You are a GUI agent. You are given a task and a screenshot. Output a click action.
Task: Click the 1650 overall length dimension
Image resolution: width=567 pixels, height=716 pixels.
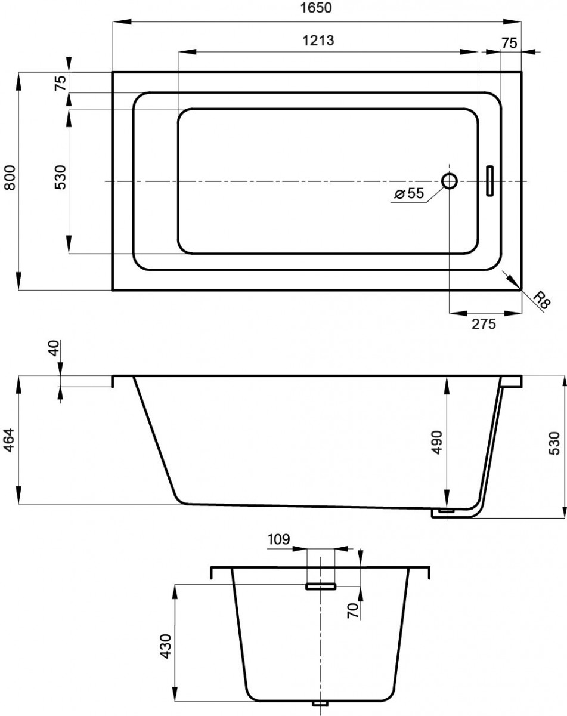point(316,8)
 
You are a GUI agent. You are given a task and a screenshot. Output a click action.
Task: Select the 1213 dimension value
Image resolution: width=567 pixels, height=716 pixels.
point(318,40)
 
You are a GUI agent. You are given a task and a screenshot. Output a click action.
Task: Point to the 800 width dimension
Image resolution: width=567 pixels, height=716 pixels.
point(10,177)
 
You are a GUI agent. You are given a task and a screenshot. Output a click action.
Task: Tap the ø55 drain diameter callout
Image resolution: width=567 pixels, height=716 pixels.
point(409,193)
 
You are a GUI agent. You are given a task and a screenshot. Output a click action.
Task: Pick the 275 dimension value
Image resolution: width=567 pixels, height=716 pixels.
point(484,324)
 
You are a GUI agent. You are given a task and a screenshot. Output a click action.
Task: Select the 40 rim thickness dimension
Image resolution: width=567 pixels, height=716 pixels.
point(54,348)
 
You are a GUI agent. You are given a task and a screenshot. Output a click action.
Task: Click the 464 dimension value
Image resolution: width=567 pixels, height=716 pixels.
point(10,440)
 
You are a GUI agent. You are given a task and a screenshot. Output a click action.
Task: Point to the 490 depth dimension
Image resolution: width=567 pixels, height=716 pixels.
point(437,442)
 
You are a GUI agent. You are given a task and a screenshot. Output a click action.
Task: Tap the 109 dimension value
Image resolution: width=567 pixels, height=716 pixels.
point(278,539)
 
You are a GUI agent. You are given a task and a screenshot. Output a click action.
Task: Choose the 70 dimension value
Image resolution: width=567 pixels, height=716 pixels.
point(353,610)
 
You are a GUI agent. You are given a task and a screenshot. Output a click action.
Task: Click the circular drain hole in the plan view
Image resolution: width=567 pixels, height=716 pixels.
point(450,181)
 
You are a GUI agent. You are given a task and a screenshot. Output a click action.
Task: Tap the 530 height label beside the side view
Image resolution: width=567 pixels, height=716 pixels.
point(554,443)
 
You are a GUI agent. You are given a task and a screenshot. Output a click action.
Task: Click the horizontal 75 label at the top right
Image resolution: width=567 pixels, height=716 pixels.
point(509,43)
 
